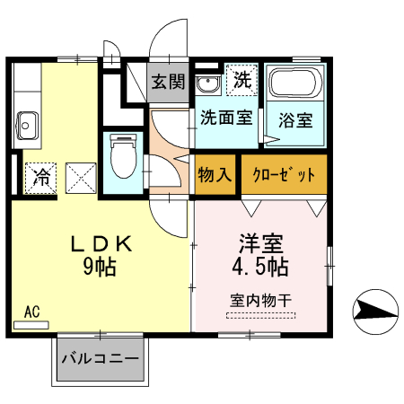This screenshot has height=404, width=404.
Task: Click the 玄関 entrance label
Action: pyautogui.click(x=166, y=82)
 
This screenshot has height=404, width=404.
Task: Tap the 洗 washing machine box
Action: pyautogui.click(x=242, y=80)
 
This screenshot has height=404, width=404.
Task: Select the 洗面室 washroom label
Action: pyautogui.click(x=225, y=117)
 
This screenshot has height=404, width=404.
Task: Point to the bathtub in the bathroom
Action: pyautogui.click(x=294, y=86)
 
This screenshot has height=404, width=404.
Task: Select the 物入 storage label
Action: pyautogui.click(x=214, y=173)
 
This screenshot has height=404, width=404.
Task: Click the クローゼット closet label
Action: pyautogui.click(x=284, y=173)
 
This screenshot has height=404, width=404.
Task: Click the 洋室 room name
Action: pyautogui.click(x=261, y=243)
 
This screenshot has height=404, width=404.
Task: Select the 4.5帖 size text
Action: pyautogui.click(x=261, y=267)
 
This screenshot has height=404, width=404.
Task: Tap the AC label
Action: pyautogui.click(x=31, y=312)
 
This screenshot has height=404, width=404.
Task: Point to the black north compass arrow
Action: pyautogui.click(x=373, y=312)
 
